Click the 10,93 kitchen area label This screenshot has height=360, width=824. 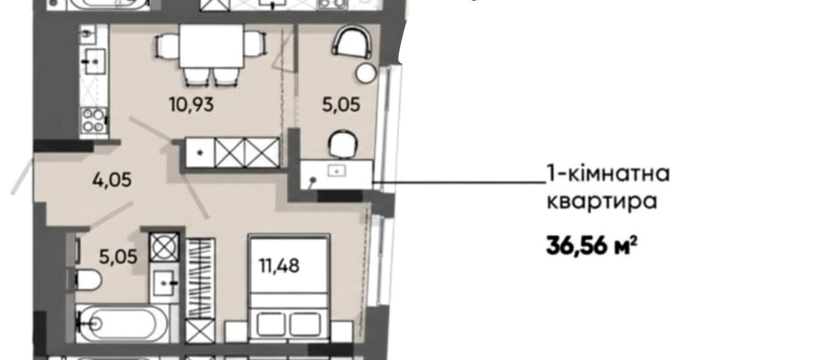click(191, 105)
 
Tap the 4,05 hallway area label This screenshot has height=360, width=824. click(112, 180)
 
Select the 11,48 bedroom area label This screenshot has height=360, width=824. click(279, 266)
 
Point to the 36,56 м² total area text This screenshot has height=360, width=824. click(592, 246)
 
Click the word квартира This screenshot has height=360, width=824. click(602, 201)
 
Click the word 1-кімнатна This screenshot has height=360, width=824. click(608, 174)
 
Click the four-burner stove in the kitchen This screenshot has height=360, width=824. click(93, 121)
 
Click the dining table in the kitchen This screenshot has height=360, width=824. click(211, 46)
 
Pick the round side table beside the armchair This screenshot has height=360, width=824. click(366, 73)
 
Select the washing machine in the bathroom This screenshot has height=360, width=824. click(164, 247)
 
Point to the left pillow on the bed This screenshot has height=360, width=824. click(271, 324)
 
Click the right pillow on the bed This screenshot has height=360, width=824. click(305, 324)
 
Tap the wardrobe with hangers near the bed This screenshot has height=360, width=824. click(200, 278)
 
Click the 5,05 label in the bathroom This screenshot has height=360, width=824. click(118, 256)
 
